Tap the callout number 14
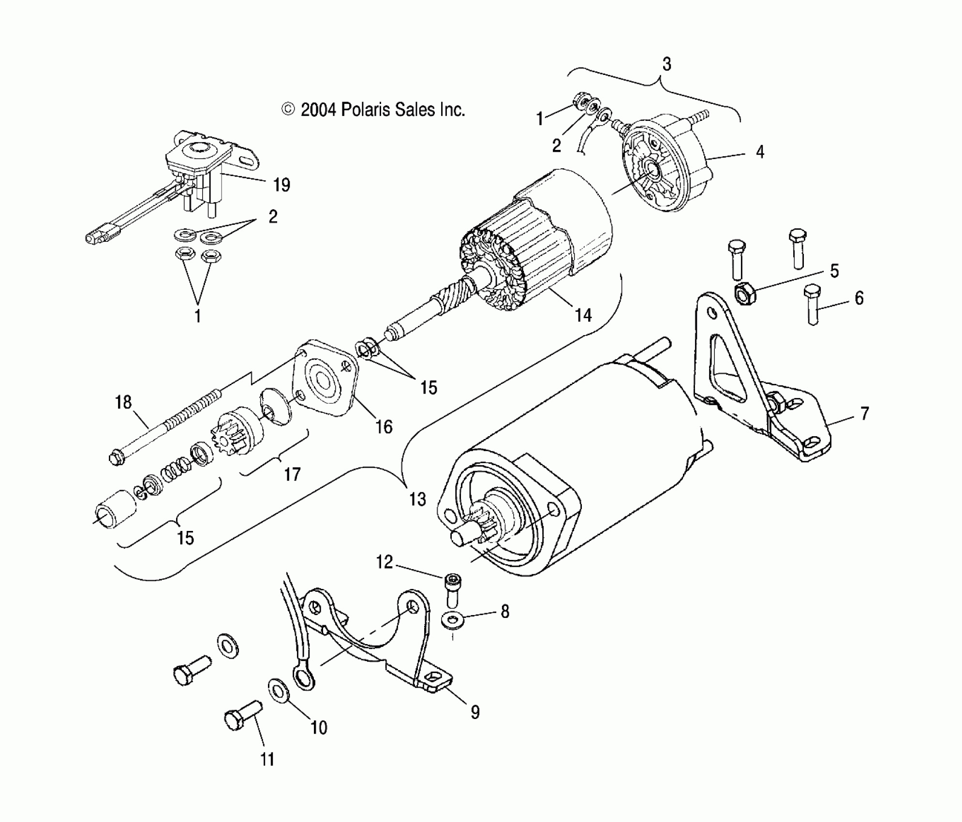(583, 315)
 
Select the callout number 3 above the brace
(666, 64)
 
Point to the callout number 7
(864, 413)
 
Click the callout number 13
(417, 499)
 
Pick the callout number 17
(292, 474)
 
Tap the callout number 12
(385, 562)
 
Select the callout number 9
(475, 711)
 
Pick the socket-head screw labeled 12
(452, 587)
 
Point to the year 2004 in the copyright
(318, 110)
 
